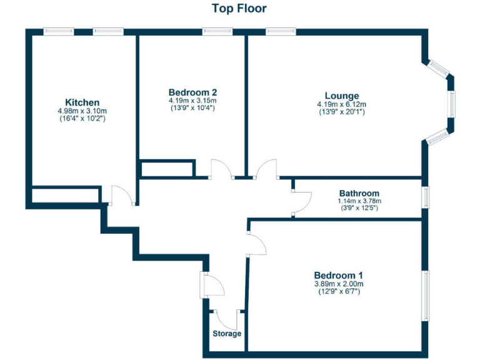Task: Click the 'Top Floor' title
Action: pyautogui.click(x=239, y=8)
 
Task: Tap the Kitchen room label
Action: pyautogui.click(x=82, y=102)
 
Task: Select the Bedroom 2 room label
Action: pyautogui.click(x=192, y=92)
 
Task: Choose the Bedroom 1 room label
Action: pyautogui.click(x=338, y=275)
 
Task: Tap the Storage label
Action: pyautogui.click(x=227, y=334)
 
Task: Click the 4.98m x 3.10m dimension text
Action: pyautogui.click(x=82, y=111)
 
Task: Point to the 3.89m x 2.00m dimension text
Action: pyautogui.click(x=338, y=284)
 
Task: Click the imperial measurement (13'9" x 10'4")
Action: pyautogui.click(x=192, y=108)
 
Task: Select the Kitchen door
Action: pyautogui.click(x=121, y=195)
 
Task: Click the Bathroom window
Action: pyautogui.click(x=425, y=197)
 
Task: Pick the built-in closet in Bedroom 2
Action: pyautogui.click(x=166, y=169)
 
